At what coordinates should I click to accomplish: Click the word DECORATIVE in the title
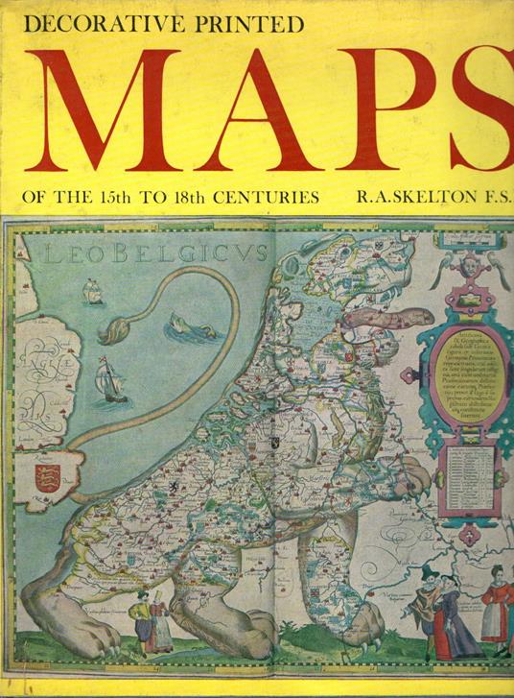[95, 24]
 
